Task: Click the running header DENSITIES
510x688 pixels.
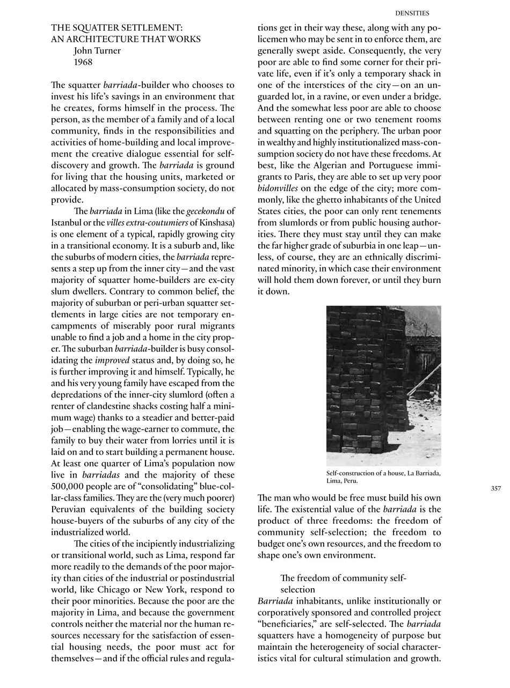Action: [412, 13]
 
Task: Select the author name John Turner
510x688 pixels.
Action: [97, 50]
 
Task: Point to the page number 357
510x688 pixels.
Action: [496, 488]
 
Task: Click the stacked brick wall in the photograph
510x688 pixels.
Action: [360, 376]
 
